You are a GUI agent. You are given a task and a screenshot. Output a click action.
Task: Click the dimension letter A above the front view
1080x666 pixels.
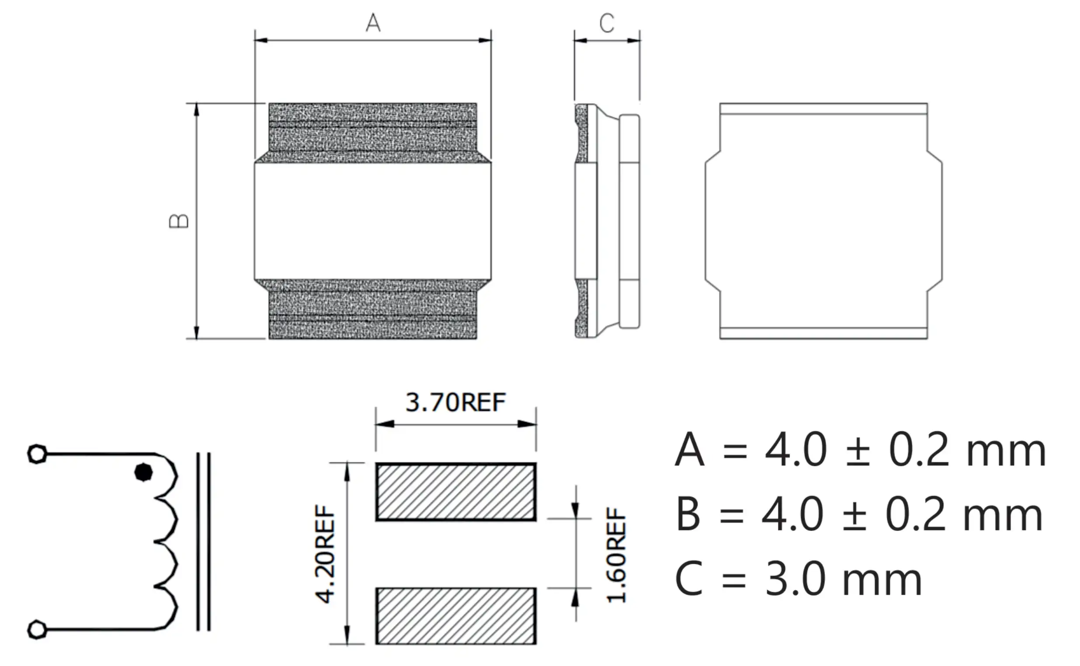pos(373,22)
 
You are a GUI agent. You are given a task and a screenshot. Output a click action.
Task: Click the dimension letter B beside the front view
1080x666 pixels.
pos(179,221)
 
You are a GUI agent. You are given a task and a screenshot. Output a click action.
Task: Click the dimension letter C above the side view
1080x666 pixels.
pos(607,23)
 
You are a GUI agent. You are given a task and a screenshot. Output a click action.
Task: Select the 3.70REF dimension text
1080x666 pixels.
pos(455,402)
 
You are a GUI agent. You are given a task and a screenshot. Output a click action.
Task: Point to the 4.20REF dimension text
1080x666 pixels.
pos(325,554)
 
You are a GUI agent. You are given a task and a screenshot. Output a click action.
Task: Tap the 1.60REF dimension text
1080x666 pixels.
pos(616,555)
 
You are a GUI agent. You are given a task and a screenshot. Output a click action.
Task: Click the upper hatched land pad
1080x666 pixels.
pos(456,492)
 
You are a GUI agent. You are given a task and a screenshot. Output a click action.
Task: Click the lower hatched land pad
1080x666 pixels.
pos(456,616)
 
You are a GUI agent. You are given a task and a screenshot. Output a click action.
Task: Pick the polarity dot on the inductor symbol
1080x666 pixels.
pos(144,473)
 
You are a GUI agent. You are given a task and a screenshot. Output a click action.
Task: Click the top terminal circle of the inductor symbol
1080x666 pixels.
pos(37,454)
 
